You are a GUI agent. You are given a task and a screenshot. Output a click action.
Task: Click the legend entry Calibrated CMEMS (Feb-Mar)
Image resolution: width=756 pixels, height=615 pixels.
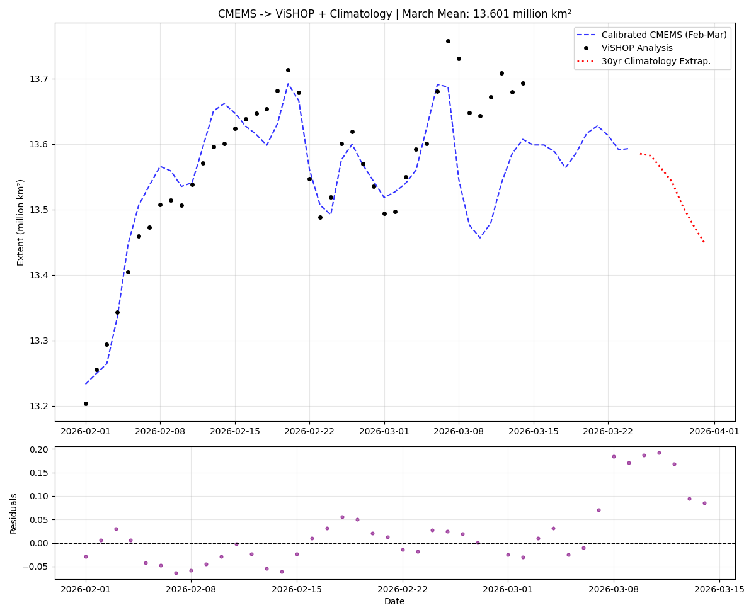[663, 35]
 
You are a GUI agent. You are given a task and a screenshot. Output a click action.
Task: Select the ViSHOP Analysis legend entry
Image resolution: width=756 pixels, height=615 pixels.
[636, 48]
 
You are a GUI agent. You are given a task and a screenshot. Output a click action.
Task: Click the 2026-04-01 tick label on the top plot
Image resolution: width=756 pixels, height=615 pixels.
[714, 431]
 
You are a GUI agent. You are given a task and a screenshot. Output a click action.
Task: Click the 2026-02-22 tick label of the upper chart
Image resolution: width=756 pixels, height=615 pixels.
[309, 431]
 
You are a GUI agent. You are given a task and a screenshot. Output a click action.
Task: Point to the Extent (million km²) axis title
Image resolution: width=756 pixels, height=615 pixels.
[21, 222]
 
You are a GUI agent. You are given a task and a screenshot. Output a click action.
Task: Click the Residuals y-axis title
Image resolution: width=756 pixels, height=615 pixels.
[13, 513]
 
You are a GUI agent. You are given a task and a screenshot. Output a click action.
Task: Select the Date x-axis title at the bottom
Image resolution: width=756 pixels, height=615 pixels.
[394, 602]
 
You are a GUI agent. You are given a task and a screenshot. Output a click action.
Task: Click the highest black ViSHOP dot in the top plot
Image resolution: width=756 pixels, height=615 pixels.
[448, 41]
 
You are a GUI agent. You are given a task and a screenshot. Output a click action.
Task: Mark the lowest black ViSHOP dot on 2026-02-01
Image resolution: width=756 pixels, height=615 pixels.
[86, 403]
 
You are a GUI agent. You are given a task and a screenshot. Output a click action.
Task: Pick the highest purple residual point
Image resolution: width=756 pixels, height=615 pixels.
[659, 453]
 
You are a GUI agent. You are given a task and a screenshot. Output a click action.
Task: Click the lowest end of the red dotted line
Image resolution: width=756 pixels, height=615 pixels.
[704, 242]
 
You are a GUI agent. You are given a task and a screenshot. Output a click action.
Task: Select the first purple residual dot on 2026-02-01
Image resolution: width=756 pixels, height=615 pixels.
[86, 556]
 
